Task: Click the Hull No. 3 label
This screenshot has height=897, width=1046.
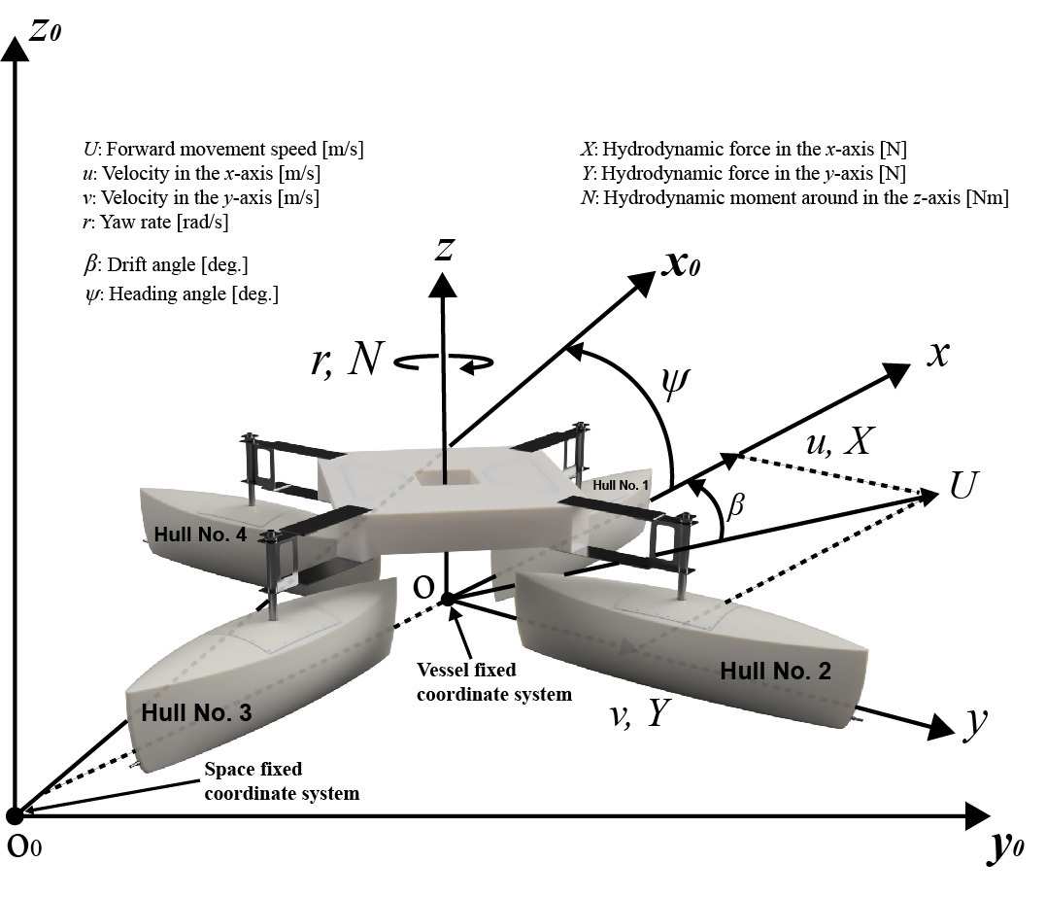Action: [196, 712]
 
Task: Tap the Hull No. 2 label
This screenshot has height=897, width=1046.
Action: [775, 671]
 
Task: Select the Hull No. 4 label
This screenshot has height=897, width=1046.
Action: [200, 535]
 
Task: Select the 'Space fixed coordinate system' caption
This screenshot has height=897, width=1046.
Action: [282, 781]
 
